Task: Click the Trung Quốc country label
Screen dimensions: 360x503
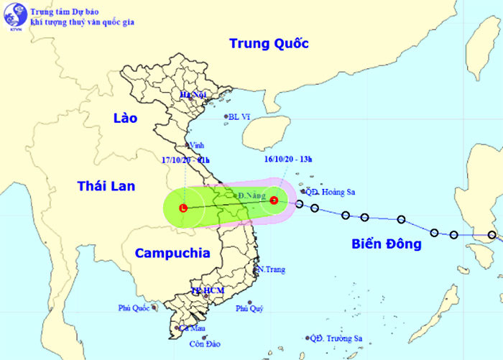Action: [x=269, y=44]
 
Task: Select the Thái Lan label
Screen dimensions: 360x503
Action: [x=106, y=186]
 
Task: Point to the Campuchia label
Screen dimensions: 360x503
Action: [x=172, y=253]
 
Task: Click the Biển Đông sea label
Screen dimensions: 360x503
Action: [x=387, y=244]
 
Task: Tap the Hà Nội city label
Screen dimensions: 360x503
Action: [x=193, y=95]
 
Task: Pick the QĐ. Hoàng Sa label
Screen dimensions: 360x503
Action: [x=331, y=192]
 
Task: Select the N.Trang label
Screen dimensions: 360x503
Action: [x=271, y=269]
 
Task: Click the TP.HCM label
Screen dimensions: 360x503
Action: [x=207, y=290]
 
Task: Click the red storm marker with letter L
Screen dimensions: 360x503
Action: [x=183, y=208]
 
